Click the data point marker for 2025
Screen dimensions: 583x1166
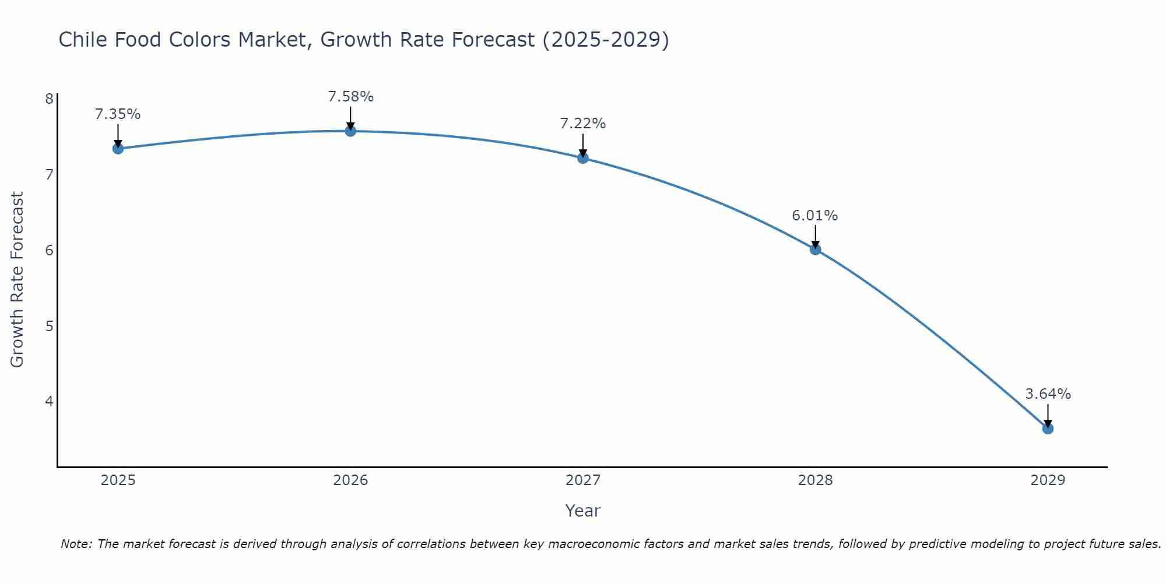tap(118, 149)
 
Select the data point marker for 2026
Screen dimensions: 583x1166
tap(350, 131)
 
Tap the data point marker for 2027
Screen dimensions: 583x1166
tap(583, 158)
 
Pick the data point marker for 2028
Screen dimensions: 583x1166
tap(815, 250)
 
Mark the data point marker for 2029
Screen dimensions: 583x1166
tap(1048, 429)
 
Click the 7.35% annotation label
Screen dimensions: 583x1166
tap(118, 114)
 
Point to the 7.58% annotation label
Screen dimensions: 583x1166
tap(350, 97)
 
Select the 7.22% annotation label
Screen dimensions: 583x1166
tap(583, 124)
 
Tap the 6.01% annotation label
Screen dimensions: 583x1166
tap(815, 216)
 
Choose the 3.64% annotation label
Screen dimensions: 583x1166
tap(1048, 394)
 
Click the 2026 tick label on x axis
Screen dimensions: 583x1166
tap(350, 480)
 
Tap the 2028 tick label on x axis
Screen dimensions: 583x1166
tap(815, 480)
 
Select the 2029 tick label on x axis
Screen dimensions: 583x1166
tap(1048, 480)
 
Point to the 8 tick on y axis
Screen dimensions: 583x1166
tap(49, 99)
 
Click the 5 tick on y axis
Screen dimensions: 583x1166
tap(49, 326)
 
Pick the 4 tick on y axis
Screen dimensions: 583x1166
tap(49, 401)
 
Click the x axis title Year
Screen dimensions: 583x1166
tap(582, 511)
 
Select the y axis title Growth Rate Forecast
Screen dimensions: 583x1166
tap(17, 280)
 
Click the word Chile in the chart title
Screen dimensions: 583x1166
tap(82, 40)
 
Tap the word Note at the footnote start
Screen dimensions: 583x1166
tap(75, 544)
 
